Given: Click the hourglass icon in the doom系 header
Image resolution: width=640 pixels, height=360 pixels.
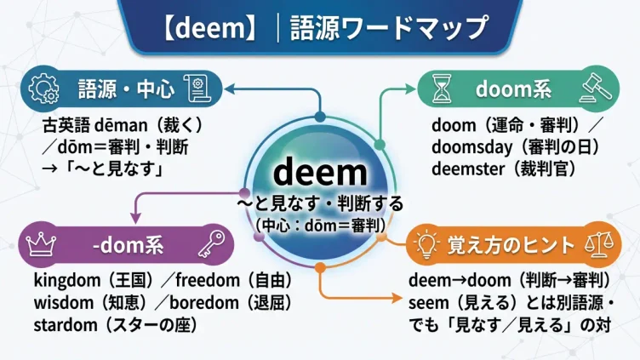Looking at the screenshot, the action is click(442, 89).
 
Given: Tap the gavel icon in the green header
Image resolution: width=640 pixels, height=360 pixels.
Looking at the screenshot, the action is click(596, 88).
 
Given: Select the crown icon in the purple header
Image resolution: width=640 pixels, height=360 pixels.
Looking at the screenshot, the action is click(41, 244).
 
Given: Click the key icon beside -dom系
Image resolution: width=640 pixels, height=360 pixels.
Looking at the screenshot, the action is click(211, 244).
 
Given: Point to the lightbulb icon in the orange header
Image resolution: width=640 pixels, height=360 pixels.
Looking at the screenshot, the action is click(426, 244).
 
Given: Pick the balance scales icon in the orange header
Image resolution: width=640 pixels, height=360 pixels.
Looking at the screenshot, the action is click(599, 244).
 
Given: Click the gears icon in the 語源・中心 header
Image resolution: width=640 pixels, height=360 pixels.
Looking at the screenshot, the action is click(43, 89).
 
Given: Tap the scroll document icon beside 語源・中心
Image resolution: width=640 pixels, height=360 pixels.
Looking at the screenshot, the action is click(197, 89).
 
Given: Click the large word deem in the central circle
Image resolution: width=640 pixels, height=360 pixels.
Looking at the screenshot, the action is click(320, 172).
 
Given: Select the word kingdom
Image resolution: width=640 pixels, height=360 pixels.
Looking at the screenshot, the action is click(67, 281).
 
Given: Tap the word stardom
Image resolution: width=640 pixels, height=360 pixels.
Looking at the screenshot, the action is click(66, 325).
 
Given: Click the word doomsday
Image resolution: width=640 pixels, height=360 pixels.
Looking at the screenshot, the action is click(472, 147).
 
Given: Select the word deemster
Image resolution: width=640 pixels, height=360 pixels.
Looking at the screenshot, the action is click(468, 169).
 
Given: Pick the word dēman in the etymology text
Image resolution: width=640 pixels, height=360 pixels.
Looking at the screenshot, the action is click(121, 125).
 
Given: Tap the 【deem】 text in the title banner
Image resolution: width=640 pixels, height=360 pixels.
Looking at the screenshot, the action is click(210, 28).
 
